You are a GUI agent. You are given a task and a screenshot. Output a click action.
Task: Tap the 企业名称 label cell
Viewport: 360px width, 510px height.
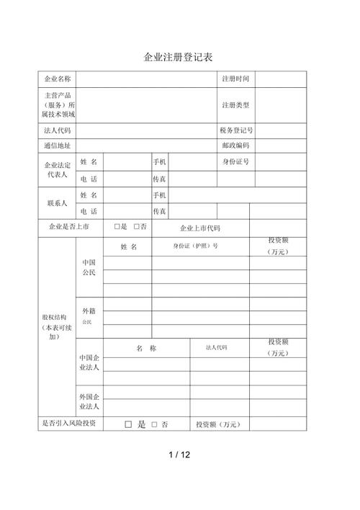(x=58, y=79)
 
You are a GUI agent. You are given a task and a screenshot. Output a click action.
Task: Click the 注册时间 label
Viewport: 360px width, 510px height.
(x=235, y=79)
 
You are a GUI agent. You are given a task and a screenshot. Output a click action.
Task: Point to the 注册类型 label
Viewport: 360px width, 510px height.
(x=235, y=105)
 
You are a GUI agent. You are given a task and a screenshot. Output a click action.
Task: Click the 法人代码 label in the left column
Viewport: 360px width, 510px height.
(x=58, y=130)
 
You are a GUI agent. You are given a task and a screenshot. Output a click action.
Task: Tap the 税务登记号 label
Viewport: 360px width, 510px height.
(x=235, y=130)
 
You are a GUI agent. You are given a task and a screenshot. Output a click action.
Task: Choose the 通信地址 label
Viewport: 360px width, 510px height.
(x=58, y=146)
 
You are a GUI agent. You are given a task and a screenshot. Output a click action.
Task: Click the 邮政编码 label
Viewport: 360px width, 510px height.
(x=235, y=146)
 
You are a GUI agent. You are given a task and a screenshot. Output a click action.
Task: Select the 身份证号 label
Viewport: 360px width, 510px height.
(x=235, y=161)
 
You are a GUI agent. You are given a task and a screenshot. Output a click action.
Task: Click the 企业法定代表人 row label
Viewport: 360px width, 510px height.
(x=58, y=169)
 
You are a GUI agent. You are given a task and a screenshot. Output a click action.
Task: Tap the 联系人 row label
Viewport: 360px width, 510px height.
(x=58, y=203)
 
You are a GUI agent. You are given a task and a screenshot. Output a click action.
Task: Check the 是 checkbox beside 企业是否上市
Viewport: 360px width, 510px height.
(x=117, y=227)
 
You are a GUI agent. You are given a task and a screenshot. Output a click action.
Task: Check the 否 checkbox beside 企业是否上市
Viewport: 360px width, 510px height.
(x=136, y=227)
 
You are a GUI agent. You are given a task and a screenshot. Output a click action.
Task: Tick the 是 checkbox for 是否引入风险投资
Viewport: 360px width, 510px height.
(x=128, y=425)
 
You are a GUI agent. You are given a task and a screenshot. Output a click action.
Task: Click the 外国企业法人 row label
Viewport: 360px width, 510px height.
(x=89, y=402)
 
